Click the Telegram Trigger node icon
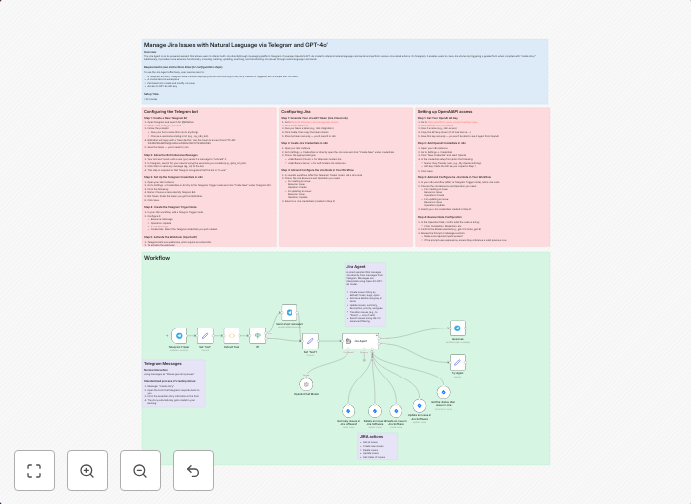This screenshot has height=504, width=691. pyautogui.click(x=179, y=336)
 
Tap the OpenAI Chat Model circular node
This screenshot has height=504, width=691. pyautogui.click(x=306, y=384)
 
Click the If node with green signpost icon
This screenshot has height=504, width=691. pyautogui.click(x=258, y=336)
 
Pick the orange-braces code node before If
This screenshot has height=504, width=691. pyautogui.click(x=232, y=336)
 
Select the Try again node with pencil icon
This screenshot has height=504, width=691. pyautogui.click(x=457, y=362)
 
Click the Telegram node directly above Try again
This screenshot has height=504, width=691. pyautogui.click(x=457, y=328)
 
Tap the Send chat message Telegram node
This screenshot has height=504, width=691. pyautogui.click(x=290, y=312)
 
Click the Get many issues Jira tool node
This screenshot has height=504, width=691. pyautogui.click(x=347, y=411)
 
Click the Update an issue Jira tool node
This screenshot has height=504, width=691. pyautogui.click(x=418, y=405)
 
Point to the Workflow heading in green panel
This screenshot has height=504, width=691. pyautogui.click(x=157, y=258)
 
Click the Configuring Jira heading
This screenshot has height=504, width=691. pyautogui.click(x=295, y=112)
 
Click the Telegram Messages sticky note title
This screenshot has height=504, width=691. pyautogui.click(x=163, y=364)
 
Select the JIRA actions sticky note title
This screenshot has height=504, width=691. pyautogui.click(x=371, y=436)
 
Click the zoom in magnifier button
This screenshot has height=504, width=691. pyautogui.click(x=87, y=471)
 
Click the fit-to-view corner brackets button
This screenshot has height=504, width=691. pyautogui.click(x=34, y=471)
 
